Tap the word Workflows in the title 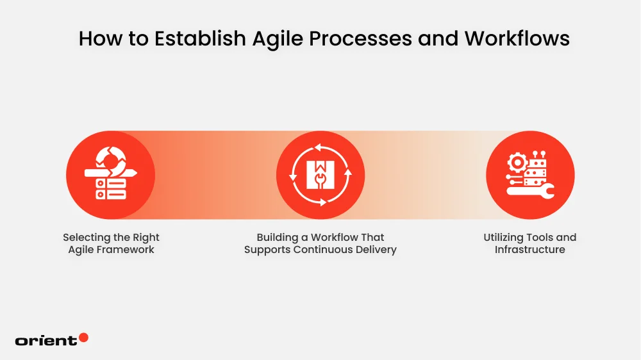(517, 38)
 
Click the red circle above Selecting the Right (111, 175)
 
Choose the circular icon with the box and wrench (320, 175)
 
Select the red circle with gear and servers (530, 175)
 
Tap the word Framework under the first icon (125, 250)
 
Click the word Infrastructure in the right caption (530, 250)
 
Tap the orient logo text (46, 341)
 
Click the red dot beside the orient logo (83, 338)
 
